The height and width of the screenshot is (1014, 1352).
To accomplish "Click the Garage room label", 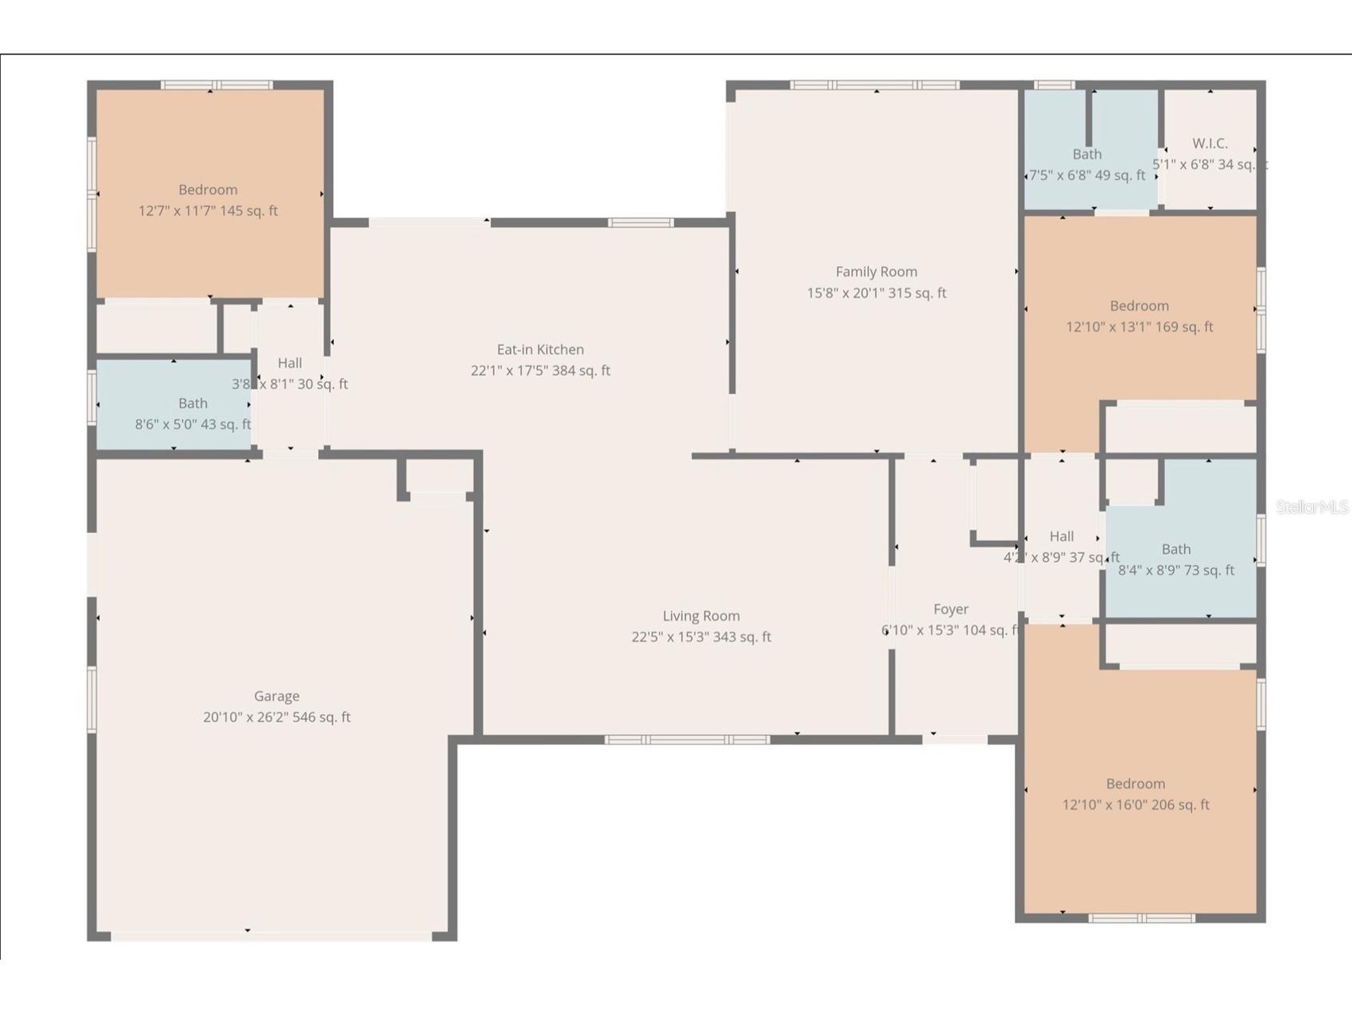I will [x=276, y=696].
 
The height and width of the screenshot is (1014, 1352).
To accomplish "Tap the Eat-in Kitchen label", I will [x=540, y=349].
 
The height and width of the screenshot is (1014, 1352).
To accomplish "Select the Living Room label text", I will [x=701, y=616].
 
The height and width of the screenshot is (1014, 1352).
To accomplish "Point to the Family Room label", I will [x=876, y=272].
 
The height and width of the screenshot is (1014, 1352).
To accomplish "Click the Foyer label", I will [x=950, y=609].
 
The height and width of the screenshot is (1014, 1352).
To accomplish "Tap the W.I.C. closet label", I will [x=1210, y=144].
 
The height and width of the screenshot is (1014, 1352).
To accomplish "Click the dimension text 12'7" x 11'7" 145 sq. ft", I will [x=208, y=211].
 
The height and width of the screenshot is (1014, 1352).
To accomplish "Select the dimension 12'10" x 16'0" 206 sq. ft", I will [x=1135, y=805].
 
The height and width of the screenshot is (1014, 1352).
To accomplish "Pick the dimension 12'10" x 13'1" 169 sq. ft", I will [x=1139, y=327].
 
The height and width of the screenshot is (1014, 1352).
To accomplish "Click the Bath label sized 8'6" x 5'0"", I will [x=193, y=404].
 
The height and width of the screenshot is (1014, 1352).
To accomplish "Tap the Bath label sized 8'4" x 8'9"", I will [x=1175, y=549].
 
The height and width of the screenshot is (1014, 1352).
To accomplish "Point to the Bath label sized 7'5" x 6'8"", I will [x=1087, y=154].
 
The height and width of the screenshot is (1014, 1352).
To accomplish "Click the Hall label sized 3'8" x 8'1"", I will [x=289, y=363].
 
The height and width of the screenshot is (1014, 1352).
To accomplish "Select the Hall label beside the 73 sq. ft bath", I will [x=1061, y=536].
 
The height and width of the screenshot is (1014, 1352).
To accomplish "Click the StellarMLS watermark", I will [x=1311, y=507].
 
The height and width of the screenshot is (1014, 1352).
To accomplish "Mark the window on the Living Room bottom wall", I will [x=686, y=740].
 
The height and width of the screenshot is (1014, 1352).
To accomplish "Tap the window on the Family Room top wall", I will [x=874, y=85].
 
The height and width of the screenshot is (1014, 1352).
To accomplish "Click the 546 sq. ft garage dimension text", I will [x=276, y=718].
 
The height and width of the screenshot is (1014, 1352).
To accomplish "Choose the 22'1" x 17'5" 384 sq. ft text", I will [x=540, y=371].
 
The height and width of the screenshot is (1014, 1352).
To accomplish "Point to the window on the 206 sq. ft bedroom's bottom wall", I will [x=1142, y=918].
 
